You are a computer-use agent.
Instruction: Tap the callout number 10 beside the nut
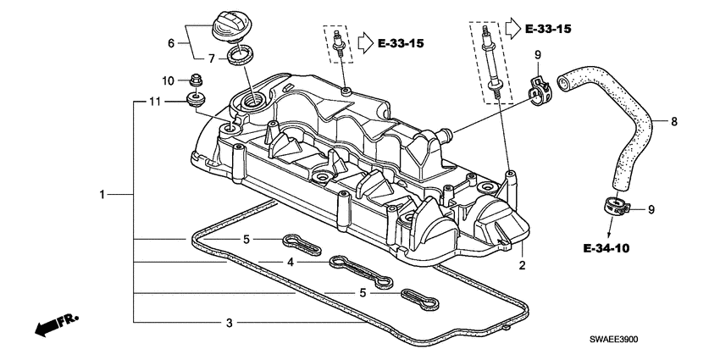tap(168, 80)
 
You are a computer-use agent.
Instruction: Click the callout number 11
tap(155, 102)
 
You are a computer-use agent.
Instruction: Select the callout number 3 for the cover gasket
tap(229, 323)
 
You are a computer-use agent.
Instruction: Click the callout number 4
tap(291, 263)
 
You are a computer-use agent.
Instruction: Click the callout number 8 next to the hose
tap(675, 122)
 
